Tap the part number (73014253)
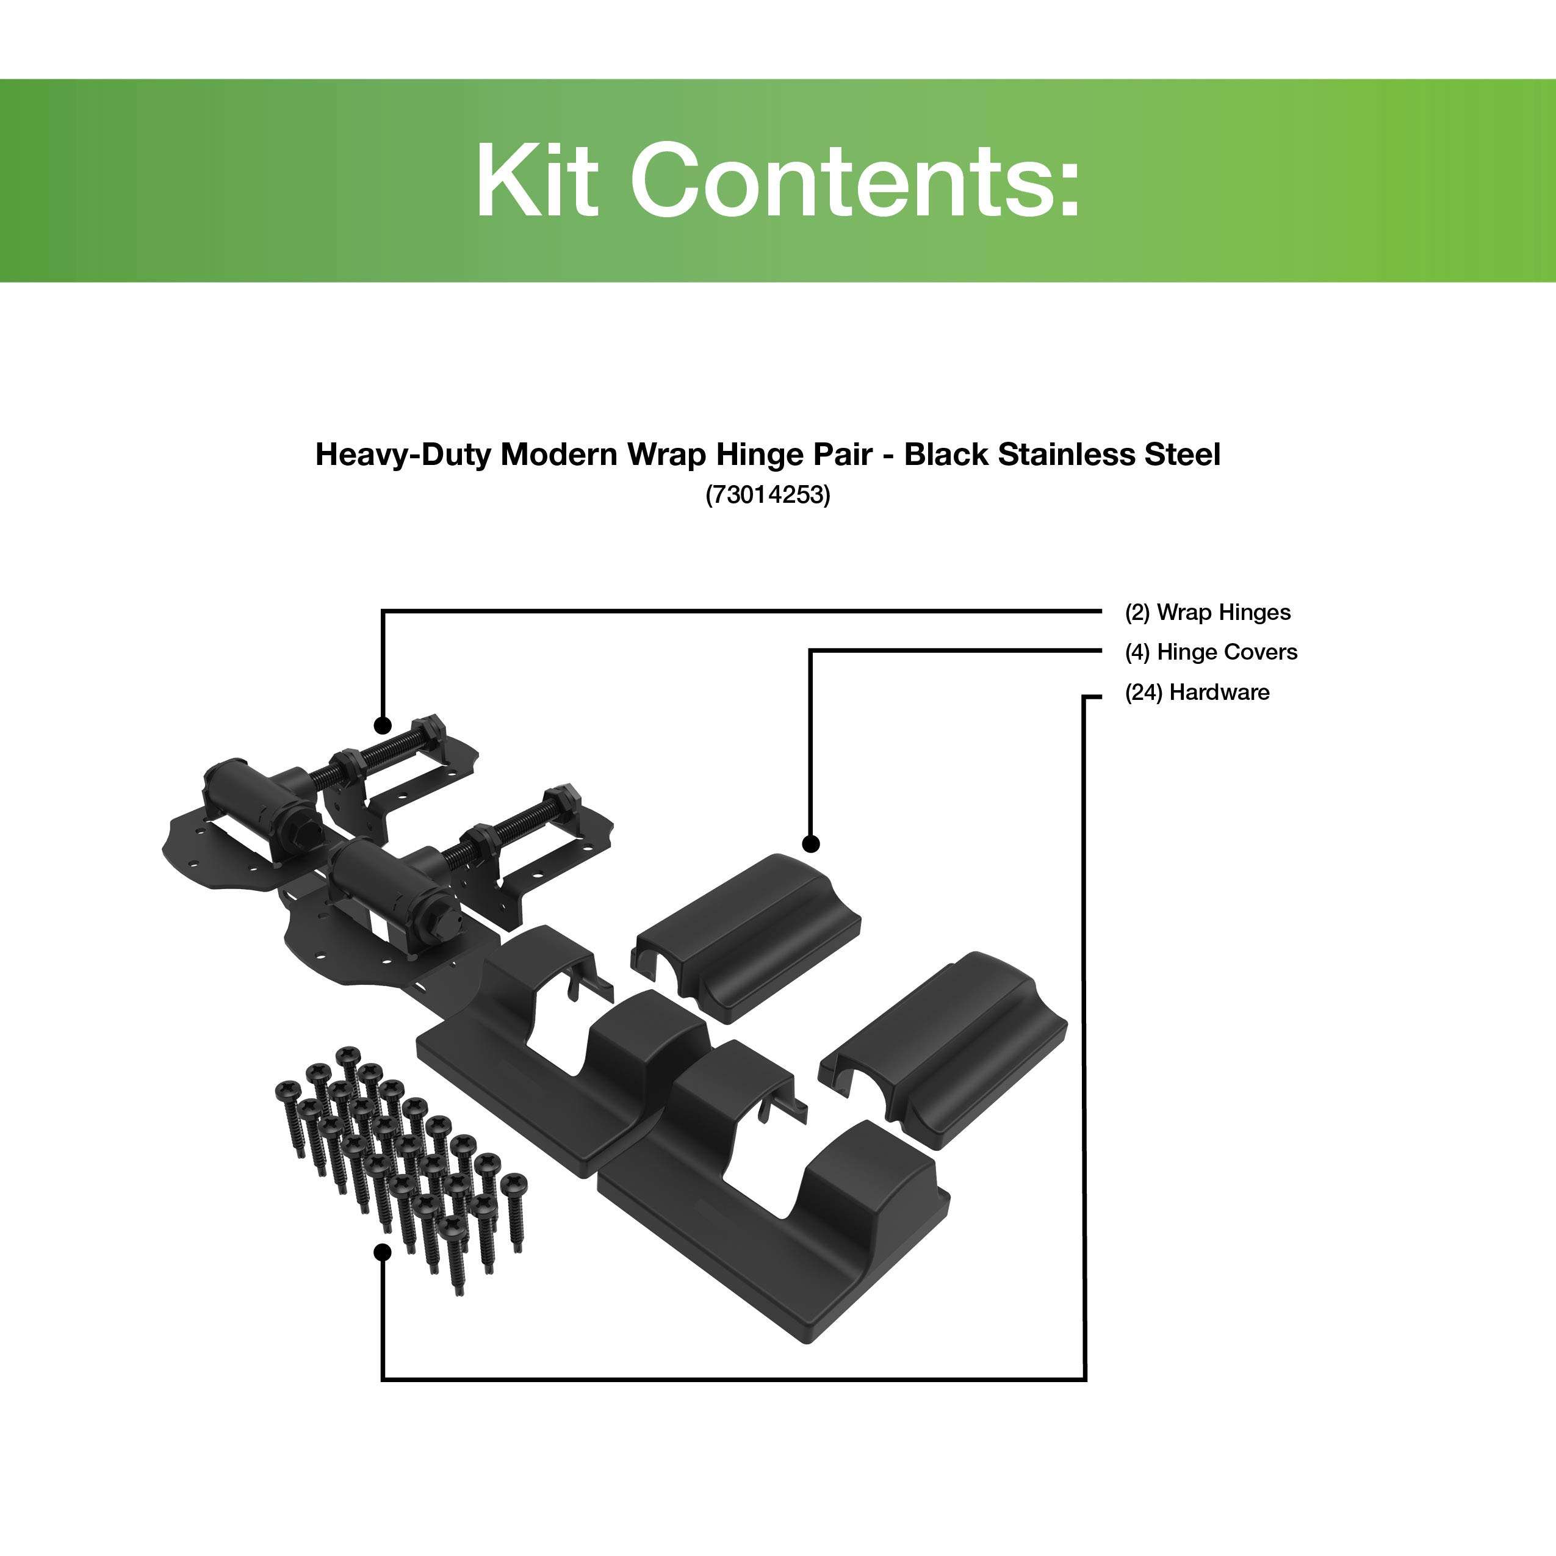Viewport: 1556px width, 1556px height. coord(768,494)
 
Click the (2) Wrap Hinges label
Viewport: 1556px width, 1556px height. coord(1207,613)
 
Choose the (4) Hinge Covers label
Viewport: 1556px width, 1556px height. coord(1211,652)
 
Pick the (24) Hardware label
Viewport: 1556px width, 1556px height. coord(1197,693)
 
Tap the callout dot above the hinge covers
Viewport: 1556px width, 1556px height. coord(811,844)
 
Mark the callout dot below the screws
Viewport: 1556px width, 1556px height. coord(383,1252)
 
